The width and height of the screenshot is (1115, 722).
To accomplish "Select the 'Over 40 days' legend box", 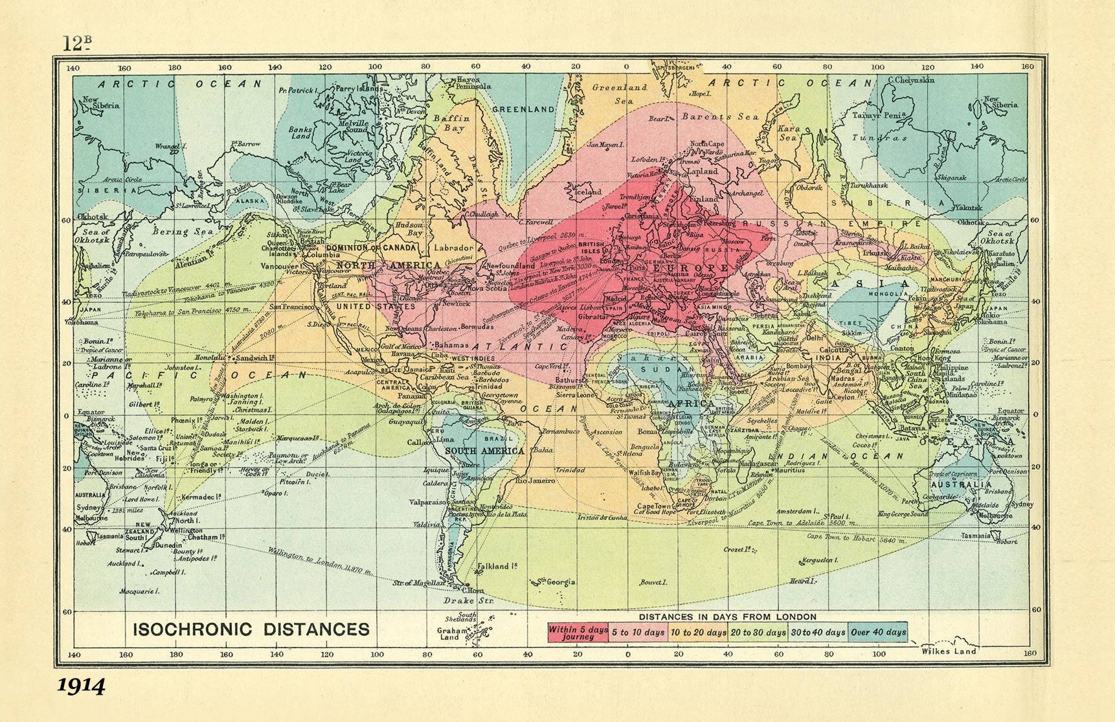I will tap(878, 633).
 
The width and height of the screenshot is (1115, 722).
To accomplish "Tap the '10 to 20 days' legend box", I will tap(698, 633).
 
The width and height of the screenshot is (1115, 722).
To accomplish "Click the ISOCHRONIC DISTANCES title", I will tap(251, 629).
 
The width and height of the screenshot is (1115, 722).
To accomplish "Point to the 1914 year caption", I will tap(81, 686).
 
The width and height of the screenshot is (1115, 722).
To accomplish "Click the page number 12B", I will tap(76, 43).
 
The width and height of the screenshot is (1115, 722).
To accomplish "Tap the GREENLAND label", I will tap(523, 109).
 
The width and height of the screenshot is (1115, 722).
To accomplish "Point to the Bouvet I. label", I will tap(653, 582).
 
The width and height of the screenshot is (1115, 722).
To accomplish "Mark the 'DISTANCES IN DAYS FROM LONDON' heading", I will tap(728, 616).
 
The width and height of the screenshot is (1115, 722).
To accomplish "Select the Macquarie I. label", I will tap(140, 591).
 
